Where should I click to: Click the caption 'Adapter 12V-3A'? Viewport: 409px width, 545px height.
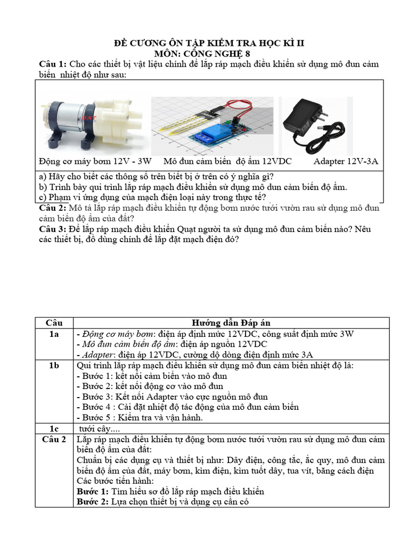346,161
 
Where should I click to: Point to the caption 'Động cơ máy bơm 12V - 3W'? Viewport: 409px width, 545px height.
95,161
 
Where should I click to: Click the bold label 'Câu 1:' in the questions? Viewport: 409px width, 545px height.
53,64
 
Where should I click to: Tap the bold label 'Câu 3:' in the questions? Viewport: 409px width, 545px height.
53,229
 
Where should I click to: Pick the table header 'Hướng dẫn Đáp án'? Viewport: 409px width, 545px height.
231,323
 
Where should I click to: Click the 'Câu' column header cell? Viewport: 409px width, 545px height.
54,323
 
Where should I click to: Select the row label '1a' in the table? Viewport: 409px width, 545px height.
54,334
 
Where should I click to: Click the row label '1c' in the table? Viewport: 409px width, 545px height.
54,428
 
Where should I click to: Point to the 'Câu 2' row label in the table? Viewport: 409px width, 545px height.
54,439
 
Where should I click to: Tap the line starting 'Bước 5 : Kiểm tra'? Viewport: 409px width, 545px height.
140,418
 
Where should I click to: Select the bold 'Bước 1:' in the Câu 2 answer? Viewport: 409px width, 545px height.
93,491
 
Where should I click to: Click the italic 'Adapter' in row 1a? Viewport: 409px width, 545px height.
95,354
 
